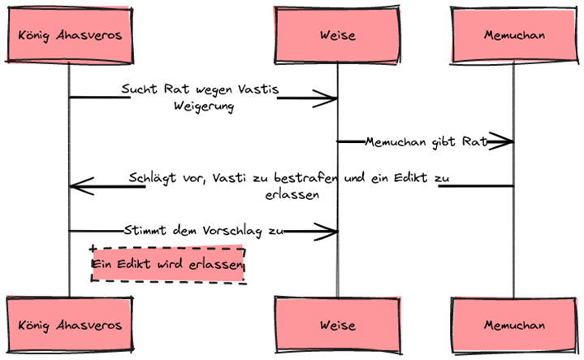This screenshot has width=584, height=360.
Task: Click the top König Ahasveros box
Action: pos(68,36)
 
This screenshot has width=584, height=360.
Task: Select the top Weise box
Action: pos(337,36)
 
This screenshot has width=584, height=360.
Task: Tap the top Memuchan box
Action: pos(513,36)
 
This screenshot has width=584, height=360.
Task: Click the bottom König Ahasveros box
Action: pos(68,325)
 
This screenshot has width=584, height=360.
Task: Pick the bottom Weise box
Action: pos(337,325)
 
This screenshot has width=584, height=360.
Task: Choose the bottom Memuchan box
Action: pos(513,325)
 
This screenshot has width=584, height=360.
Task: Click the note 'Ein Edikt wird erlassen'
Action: pos(168,266)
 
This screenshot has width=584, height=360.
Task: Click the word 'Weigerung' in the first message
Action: pos(203,106)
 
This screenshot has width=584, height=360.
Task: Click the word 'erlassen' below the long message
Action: pos(292,195)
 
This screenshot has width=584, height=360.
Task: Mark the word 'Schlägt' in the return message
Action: pos(149,178)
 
